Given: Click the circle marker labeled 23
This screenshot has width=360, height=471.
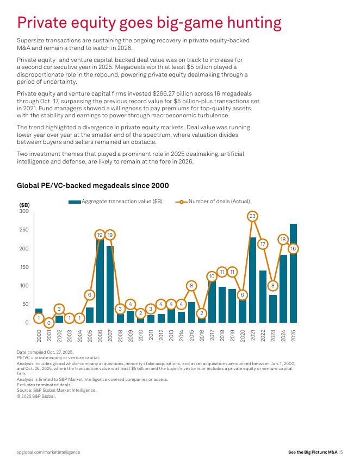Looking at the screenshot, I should [252, 216].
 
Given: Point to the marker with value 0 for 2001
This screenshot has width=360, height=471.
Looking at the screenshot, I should [49, 323].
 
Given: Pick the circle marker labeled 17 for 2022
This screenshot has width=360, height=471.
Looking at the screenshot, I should [263, 244].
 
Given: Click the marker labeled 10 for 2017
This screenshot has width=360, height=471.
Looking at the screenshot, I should [212, 277].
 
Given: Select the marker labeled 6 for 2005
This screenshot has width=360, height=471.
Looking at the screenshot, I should [90, 295].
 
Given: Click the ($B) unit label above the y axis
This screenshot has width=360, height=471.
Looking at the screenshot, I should [24, 205].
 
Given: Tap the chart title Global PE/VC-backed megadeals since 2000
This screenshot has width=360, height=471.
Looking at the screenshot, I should [93, 186].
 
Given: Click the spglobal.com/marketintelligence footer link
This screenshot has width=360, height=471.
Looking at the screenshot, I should [48, 452].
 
